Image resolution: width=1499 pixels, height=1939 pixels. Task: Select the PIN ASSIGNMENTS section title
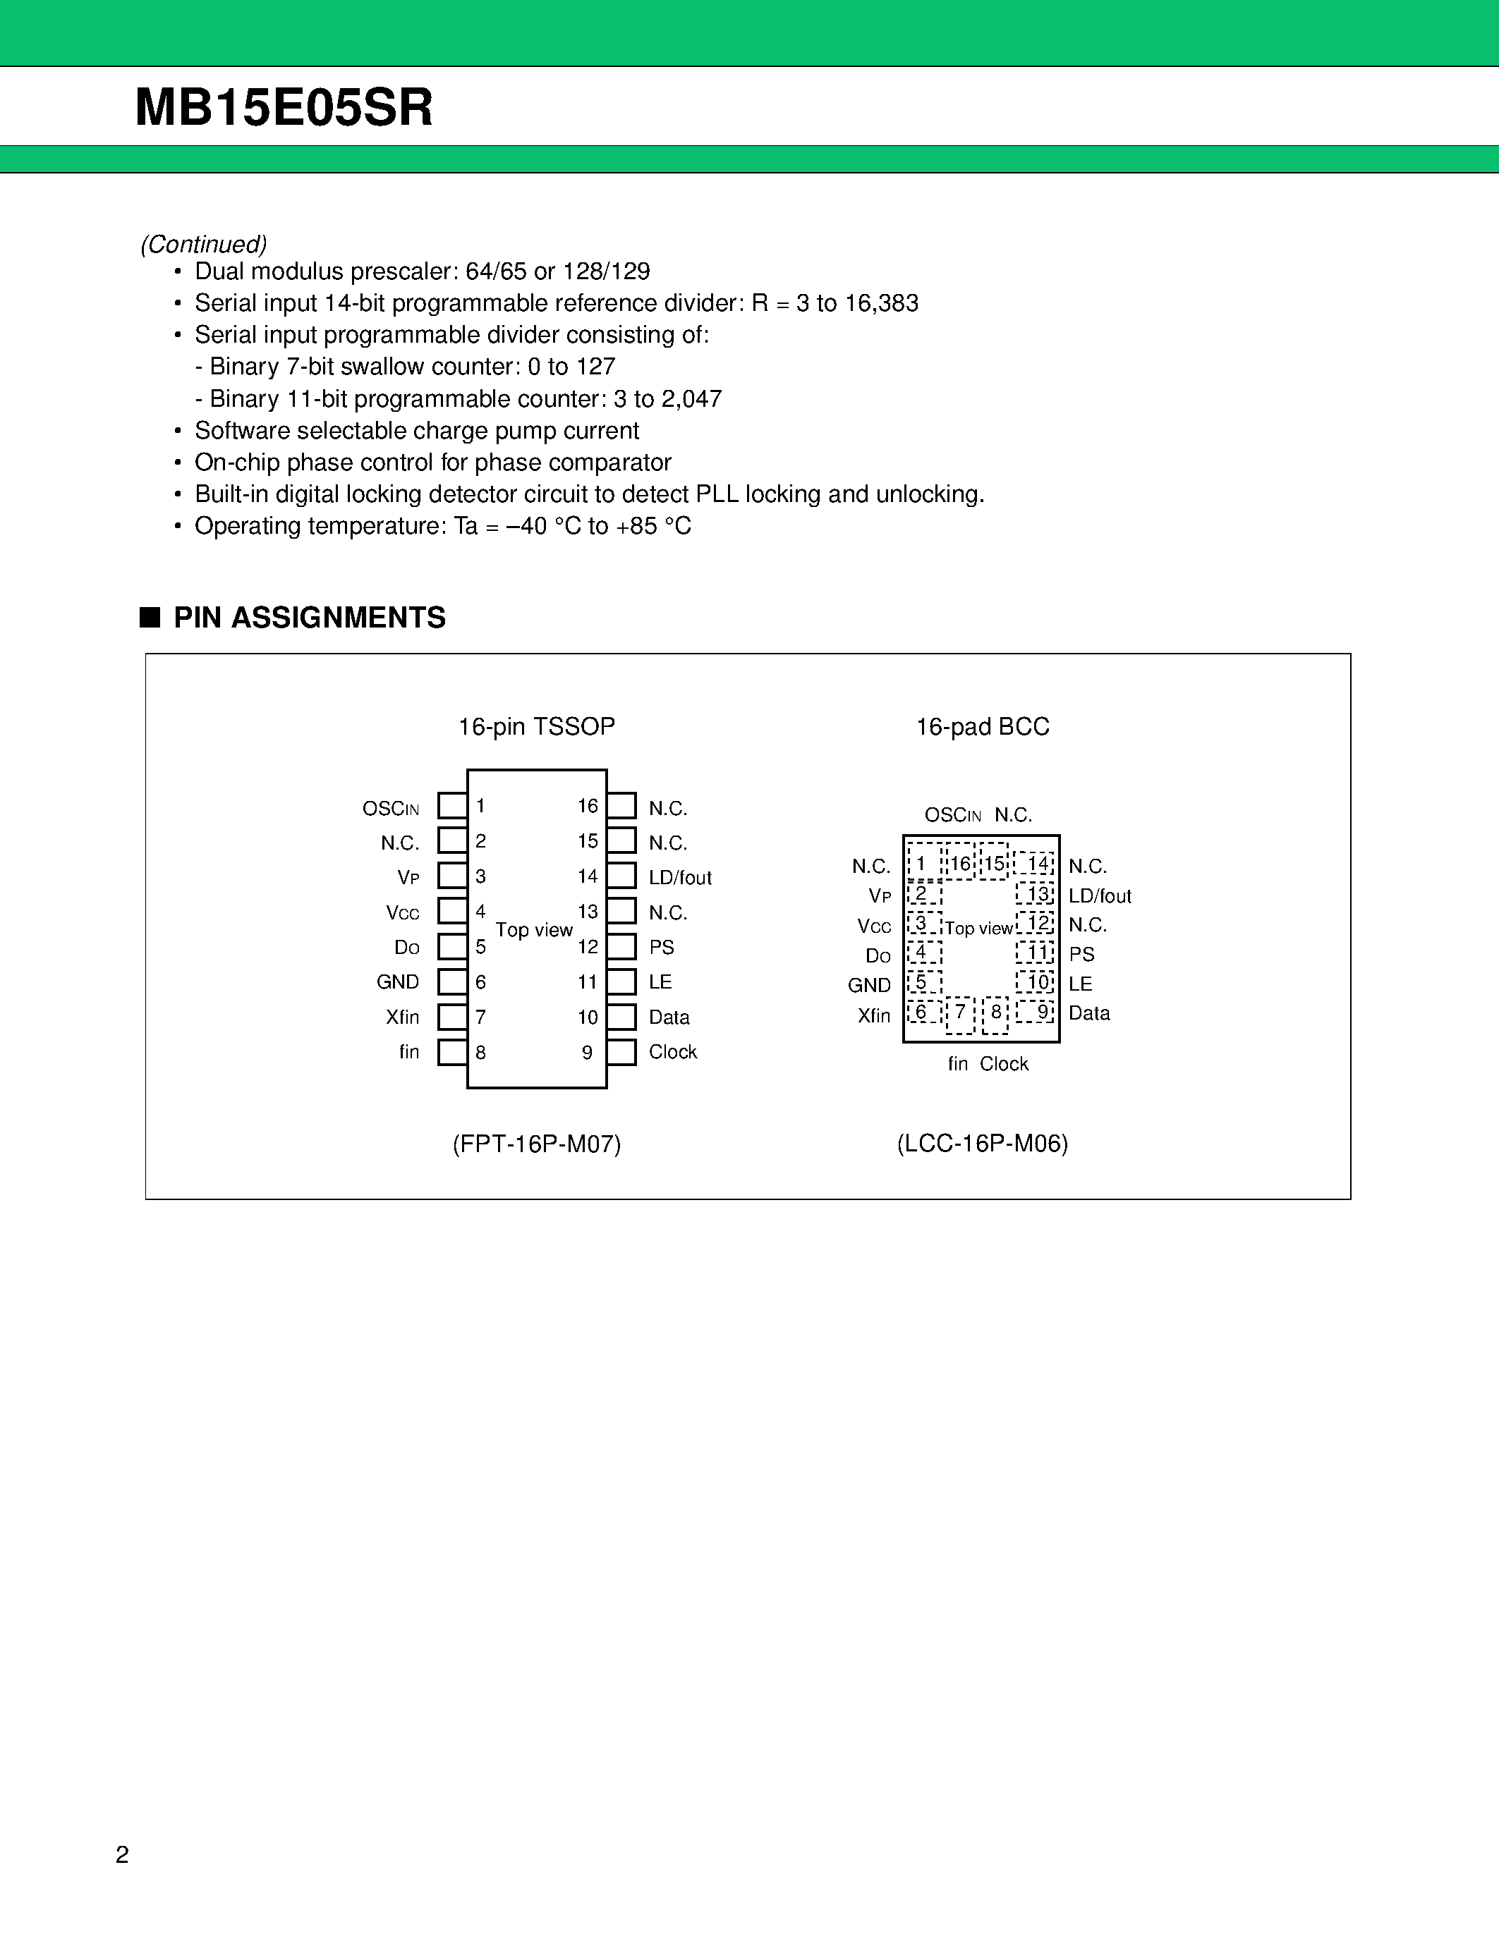tap(309, 617)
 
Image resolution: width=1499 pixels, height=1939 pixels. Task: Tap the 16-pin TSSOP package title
tap(536, 726)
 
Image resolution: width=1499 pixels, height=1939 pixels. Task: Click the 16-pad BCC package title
tap(982, 726)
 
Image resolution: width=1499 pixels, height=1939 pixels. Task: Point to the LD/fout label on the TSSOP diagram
tap(680, 877)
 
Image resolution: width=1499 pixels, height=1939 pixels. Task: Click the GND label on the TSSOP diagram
tap(397, 982)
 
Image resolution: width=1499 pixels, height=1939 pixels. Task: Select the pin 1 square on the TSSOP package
tap(453, 805)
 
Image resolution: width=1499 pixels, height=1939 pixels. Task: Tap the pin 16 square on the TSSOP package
tap(621, 805)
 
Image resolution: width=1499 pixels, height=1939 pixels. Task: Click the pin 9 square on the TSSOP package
tap(621, 1052)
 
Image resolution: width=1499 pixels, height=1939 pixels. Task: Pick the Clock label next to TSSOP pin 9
tap(672, 1052)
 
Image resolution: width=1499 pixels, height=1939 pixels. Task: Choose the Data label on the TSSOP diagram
tap(669, 1017)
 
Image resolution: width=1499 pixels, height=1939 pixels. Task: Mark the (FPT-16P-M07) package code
tap(536, 1144)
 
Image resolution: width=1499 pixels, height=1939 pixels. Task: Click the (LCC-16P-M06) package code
tap(982, 1144)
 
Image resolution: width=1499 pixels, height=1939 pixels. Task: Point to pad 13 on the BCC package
tap(1036, 894)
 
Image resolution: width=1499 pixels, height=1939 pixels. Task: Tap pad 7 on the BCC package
tap(960, 1014)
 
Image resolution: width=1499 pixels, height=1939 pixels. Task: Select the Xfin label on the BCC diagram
tap(874, 1015)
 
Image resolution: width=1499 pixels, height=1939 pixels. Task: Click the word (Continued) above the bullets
tap(203, 244)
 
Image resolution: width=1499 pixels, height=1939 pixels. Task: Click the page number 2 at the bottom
tap(123, 1854)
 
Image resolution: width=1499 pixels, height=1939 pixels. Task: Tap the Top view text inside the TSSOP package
tap(534, 929)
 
